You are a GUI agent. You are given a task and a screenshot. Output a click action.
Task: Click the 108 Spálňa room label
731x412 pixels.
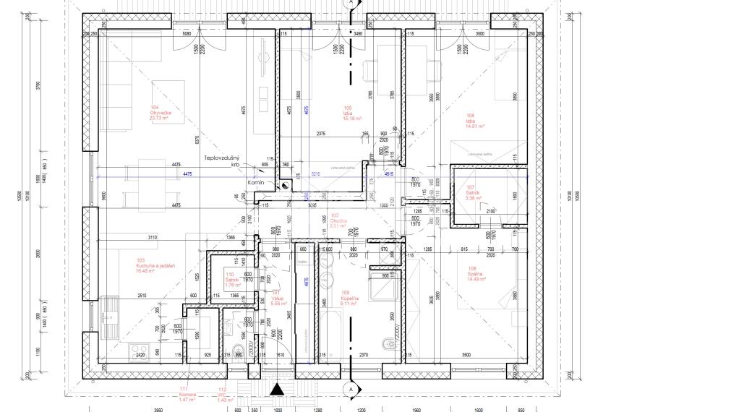(476, 273)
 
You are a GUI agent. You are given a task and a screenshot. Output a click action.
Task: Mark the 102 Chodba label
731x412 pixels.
(338, 220)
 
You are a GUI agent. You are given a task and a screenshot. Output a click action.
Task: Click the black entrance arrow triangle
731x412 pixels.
(276, 391)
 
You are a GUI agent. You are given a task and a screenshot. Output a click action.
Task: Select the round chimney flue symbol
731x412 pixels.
(285, 186)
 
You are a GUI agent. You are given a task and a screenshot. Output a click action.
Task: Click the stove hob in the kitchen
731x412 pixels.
(138, 351)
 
